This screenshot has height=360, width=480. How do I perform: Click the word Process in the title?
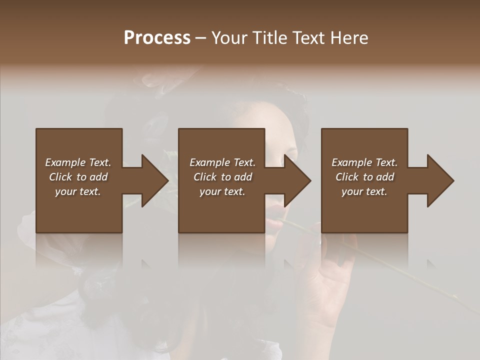click(157, 38)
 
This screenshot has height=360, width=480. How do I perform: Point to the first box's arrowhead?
click(152, 180)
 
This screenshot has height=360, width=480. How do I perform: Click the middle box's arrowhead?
click(295, 180)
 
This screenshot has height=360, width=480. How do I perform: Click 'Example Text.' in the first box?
click(78, 162)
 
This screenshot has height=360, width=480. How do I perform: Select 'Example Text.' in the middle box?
click(222, 162)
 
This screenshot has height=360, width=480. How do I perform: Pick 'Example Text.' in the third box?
click(364, 162)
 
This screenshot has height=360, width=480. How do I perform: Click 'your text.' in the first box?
click(78, 191)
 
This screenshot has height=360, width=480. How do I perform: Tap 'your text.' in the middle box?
click(222, 191)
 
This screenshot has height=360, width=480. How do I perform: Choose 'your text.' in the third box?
click(364, 191)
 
